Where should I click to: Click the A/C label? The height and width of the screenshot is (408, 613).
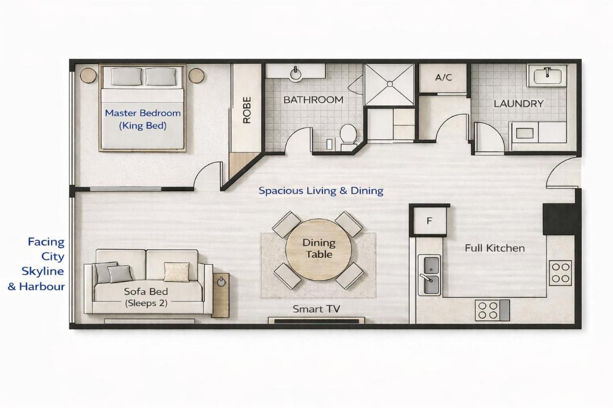pyautogui.click(x=443, y=77)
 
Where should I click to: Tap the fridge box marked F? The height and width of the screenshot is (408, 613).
pyautogui.click(x=430, y=220)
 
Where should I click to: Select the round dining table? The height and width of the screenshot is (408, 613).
pyautogui.click(x=318, y=249)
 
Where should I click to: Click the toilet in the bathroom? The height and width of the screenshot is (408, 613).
pyautogui.click(x=348, y=136)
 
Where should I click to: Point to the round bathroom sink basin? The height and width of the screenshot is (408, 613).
pyautogui.click(x=295, y=73)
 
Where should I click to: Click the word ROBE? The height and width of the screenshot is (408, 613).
pyautogui.click(x=247, y=110)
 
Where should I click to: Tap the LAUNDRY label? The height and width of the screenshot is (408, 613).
pyautogui.click(x=518, y=104)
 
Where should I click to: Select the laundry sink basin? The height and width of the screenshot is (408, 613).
pyautogui.click(x=547, y=75)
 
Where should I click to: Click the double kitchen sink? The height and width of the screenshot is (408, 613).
pyautogui.click(x=430, y=275)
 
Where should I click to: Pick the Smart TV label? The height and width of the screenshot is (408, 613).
pyautogui.click(x=316, y=309)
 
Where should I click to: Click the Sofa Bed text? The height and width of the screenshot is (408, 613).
pyautogui.click(x=146, y=291)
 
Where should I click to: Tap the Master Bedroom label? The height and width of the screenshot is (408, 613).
pyautogui.click(x=142, y=113)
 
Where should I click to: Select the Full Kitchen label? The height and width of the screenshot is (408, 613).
pyautogui.click(x=494, y=248)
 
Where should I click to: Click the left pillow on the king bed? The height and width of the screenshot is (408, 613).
pyautogui.click(x=126, y=76)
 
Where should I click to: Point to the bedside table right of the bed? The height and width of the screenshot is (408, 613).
pyautogui.click(x=196, y=75)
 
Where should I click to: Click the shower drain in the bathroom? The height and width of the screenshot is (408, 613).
pyautogui.click(x=389, y=84)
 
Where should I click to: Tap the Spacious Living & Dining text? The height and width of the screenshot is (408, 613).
pyautogui.click(x=321, y=191)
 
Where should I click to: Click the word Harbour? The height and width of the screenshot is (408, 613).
pyautogui.click(x=42, y=287)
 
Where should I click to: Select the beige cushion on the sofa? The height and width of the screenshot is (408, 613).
pyautogui.click(x=177, y=272)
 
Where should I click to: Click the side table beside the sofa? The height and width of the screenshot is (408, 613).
pyautogui.click(x=220, y=295)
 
